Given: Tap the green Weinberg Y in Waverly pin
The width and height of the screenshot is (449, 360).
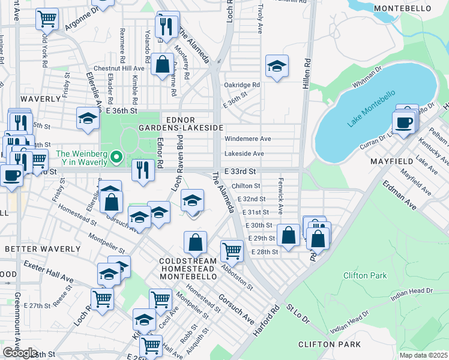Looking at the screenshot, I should click(118, 158).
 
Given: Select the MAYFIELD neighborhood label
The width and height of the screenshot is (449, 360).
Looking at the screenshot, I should click(391, 161).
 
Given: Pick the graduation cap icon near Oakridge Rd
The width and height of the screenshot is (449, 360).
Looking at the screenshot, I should click(277, 66).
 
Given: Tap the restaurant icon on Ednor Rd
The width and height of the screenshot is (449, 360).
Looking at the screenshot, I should click(143, 171).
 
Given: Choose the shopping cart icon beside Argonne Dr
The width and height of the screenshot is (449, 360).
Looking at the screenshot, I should click(46, 19).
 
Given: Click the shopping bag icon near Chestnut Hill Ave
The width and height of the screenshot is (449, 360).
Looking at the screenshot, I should click(162, 64).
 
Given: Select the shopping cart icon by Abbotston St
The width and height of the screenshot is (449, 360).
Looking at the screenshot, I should click(232, 250).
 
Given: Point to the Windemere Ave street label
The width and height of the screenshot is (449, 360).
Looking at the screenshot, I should click(247, 139).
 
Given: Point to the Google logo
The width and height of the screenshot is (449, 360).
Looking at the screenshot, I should click(20, 352).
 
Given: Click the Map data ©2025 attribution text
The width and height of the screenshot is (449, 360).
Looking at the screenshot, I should click(424, 355).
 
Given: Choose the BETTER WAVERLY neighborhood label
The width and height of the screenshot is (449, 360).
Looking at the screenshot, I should click(42, 248).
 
